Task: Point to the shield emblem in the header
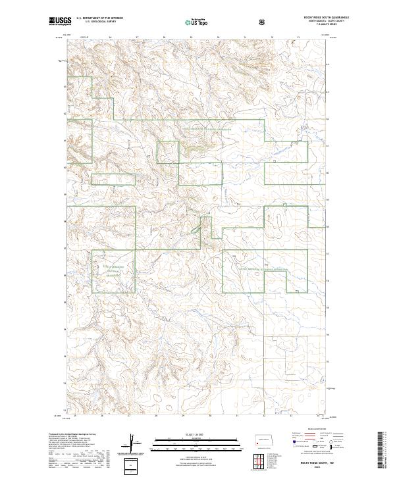click(263, 21)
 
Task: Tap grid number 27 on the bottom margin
click(129, 416)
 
